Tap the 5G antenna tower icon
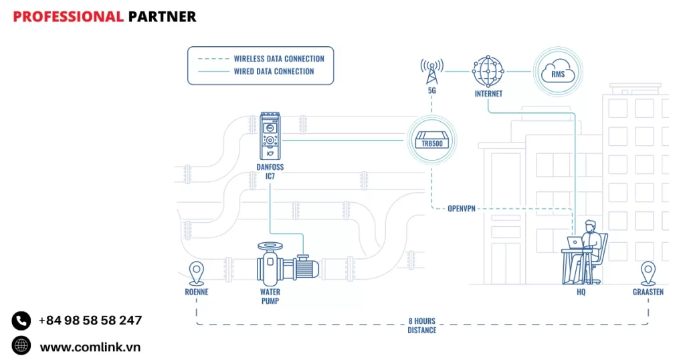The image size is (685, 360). (431, 69)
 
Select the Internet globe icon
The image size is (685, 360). (488, 70)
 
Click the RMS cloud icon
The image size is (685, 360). (558, 72)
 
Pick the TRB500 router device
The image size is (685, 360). (433, 141)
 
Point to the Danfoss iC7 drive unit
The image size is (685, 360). (270, 135)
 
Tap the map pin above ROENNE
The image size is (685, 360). (196, 272)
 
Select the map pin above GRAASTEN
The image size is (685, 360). (648, 272)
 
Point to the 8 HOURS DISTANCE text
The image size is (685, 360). (422, 325)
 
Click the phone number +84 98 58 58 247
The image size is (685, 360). (90, 321)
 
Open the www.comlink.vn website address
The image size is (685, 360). (90, 347)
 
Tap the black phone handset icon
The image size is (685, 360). (21, 321)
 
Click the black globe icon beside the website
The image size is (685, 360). (21, 346)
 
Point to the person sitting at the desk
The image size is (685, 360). (591, 244)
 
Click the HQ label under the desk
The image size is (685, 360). (581, 292)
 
